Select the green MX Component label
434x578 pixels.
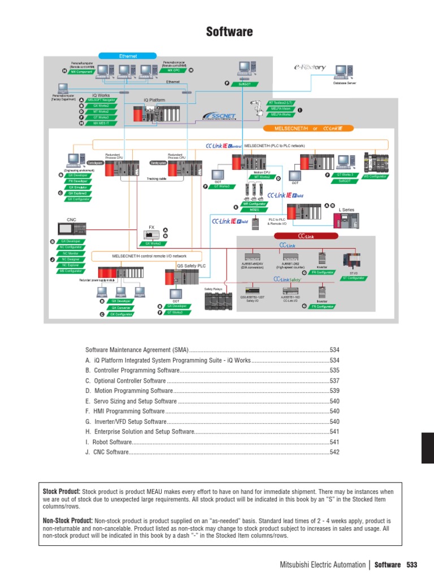[81, 72]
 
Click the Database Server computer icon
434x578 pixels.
[341, 72]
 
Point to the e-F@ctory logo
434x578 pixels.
[309, 68]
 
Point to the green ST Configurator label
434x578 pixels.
[354, 278]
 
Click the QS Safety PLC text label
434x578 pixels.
[192, 265]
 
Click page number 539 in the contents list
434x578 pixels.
[335, 391]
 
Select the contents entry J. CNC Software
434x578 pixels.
[107, 452]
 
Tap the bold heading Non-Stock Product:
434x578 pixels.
[67, 520]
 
